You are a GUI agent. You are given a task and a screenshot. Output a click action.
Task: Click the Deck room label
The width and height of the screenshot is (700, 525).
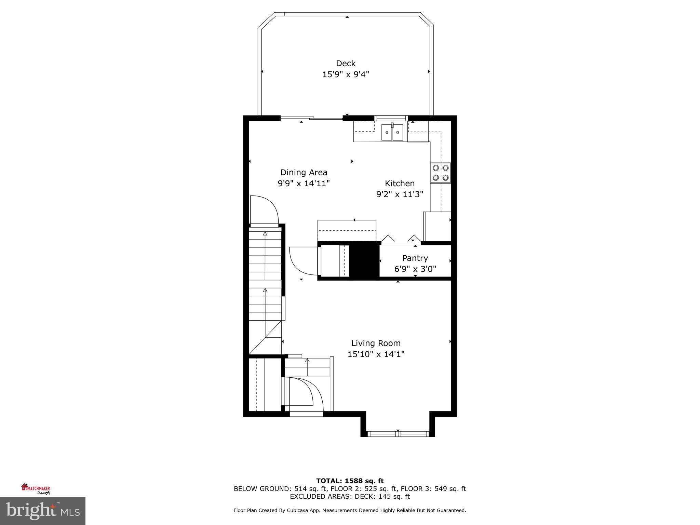coord(346,63)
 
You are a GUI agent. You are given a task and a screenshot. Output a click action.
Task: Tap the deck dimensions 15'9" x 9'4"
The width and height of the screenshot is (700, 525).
coord(346,74)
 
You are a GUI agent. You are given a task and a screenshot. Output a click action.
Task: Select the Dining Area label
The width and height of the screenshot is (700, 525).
coord(304,173)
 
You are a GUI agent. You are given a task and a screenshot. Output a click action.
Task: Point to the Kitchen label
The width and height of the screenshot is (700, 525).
coord(400,184)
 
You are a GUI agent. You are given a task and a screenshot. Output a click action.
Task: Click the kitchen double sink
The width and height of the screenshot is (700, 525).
coord(392,132)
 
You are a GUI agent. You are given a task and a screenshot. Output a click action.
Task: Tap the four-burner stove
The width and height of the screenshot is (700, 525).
coord(441,173)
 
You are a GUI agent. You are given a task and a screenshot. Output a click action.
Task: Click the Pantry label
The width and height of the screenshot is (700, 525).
coord(415,258)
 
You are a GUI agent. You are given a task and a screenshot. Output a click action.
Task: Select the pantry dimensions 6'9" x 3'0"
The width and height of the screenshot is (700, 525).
coord(415,269)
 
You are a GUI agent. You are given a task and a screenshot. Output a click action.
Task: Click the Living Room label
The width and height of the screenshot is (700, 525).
coord(376,343)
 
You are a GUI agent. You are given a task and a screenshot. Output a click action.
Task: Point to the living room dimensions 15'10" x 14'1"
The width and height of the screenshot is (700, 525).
coord(376,354)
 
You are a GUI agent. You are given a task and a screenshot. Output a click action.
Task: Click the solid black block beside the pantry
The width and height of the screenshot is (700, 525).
coord(364,261)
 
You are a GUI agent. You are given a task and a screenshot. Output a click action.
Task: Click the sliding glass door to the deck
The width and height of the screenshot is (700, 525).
coord(311,118)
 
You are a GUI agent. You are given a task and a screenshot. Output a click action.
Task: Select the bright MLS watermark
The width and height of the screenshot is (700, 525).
coord(42,511)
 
